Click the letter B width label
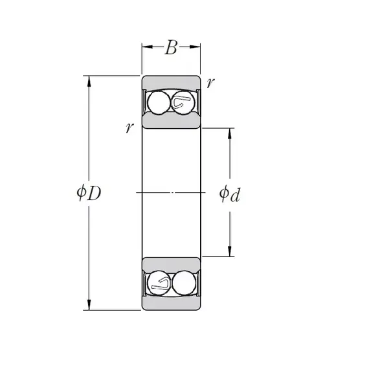171,47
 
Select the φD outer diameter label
89,193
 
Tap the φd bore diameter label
230,194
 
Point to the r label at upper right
210,83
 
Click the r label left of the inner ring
129,128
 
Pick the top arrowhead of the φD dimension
89,82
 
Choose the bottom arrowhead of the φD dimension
89,304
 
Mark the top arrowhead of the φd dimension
230,134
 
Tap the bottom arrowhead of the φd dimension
230,251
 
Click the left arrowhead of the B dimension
148,47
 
